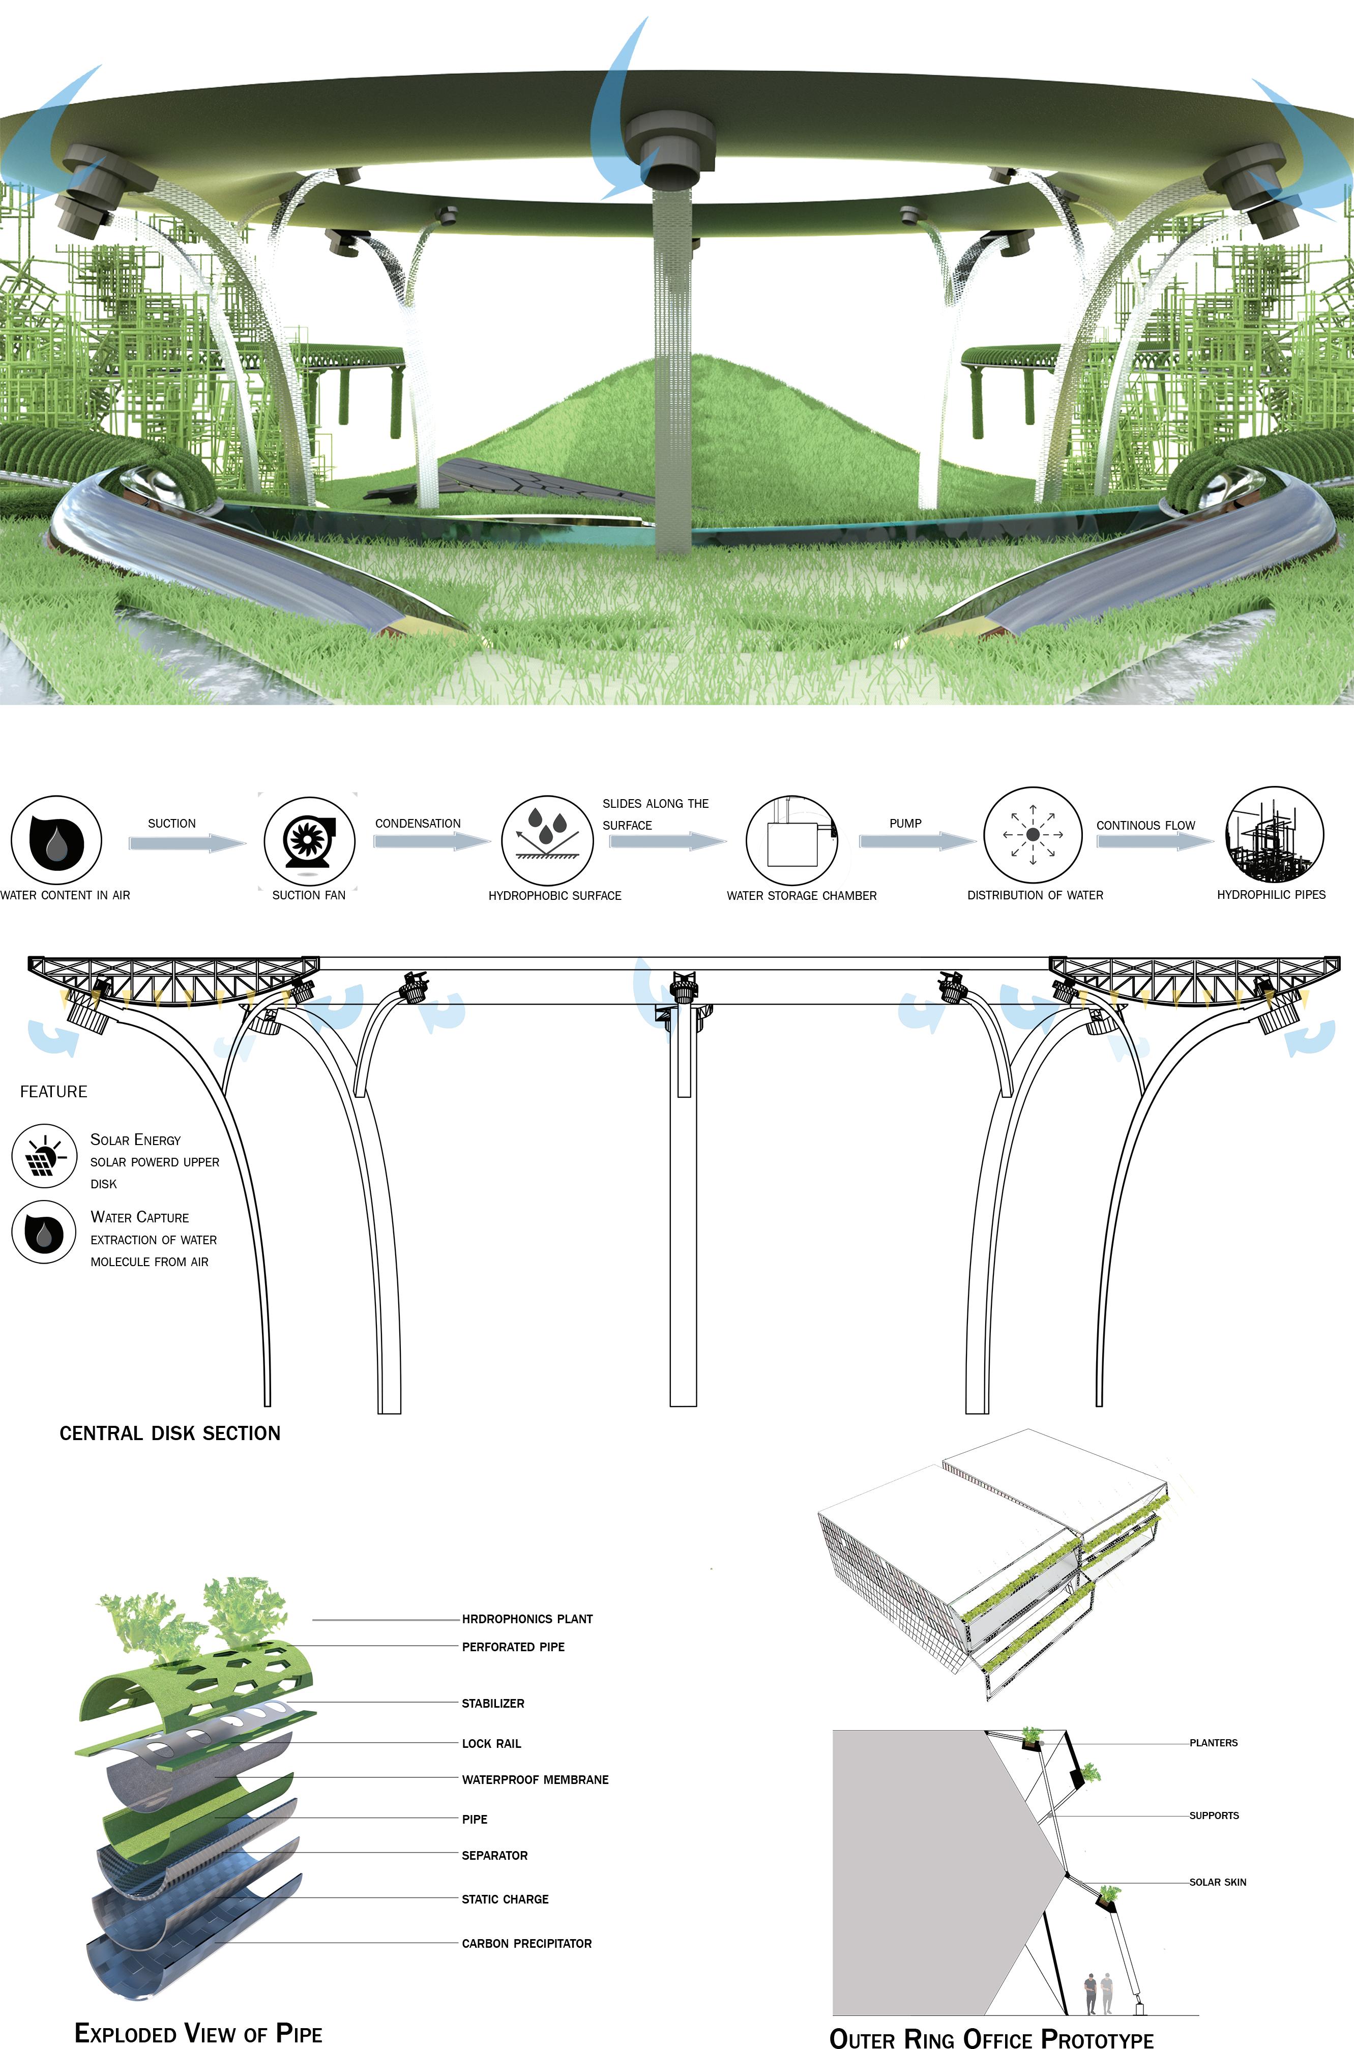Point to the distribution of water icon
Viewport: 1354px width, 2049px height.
point(1033,834)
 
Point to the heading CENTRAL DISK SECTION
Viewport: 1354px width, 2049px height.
point(170,1432)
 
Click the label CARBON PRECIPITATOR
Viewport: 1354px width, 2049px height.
point(527,1943)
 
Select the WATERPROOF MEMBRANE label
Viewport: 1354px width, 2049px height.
point(535,1779)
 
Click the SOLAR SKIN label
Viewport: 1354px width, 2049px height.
point(1218,1882)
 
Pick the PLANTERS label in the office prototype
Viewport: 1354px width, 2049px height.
point(1213,1742)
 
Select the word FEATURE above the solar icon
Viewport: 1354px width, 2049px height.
point(53,1092)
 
